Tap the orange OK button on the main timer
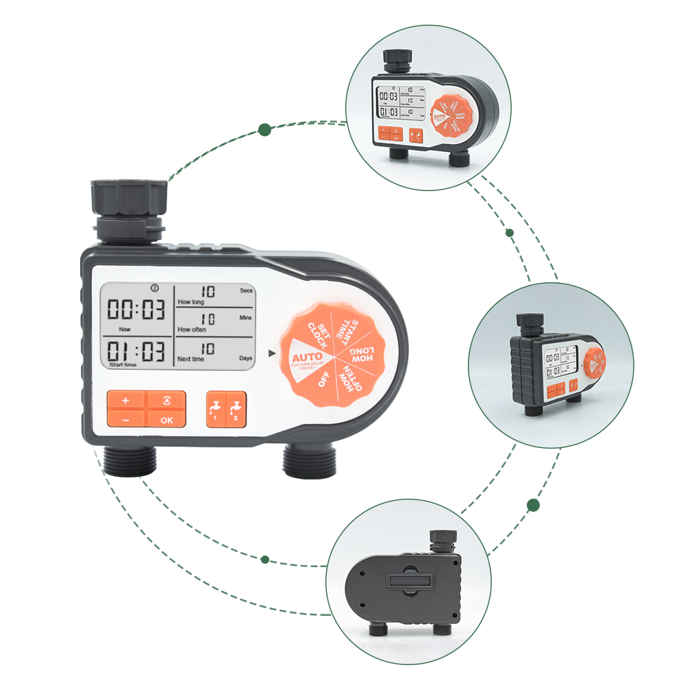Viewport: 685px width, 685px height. [166, 420]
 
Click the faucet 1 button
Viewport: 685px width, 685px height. [214, 410]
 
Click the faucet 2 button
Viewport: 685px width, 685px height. [234, 410]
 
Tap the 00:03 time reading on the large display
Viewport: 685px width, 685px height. [136, 310]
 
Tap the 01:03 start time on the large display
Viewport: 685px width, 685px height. [136, 352]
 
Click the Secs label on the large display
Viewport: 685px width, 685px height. [247, 290]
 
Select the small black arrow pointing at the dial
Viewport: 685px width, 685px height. [272, 353]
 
